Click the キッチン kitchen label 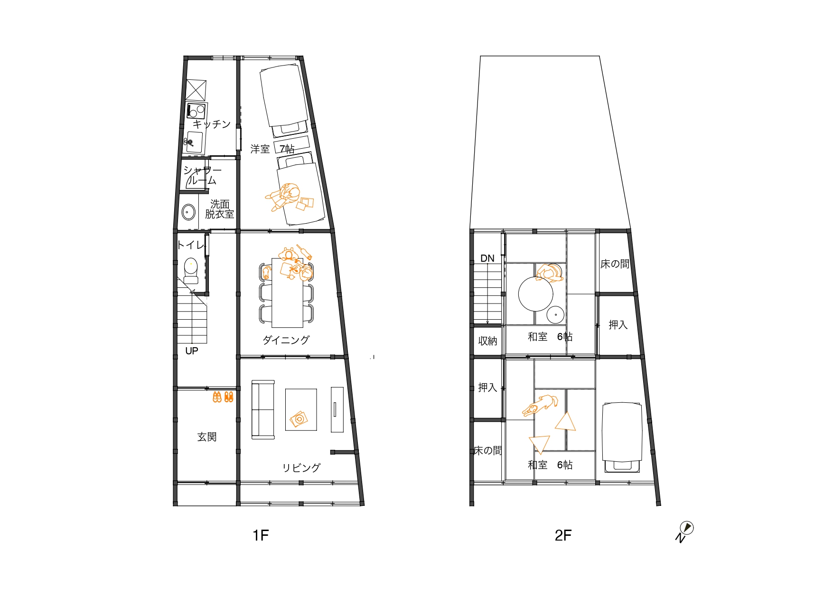[212, 124]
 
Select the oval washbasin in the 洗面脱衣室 [189, 212]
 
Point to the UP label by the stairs [192, 351]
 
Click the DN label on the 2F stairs [487, 258]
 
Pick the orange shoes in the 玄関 [223, 397]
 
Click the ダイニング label [286, 340]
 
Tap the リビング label [301, 467]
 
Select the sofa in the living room [263, 409]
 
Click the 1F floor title [261, 535]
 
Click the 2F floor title [563, 535]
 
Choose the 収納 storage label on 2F [487, 341]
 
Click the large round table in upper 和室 [535, 294]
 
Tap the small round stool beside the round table [555, 314]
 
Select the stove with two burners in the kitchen [196, 111]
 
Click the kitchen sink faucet [188, 142]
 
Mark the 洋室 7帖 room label [272, 149]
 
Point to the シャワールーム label [202, 175]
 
